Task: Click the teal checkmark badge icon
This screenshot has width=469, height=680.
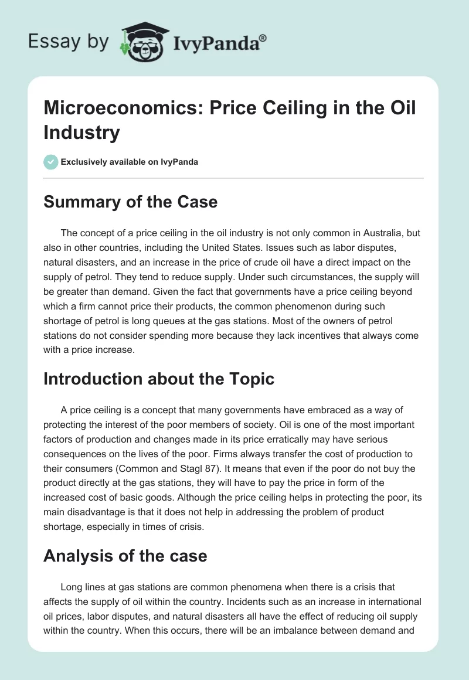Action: [x=50, y=162]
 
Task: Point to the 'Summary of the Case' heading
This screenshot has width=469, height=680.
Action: [x=130, y=202]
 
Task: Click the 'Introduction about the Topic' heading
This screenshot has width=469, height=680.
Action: [x=159, y=379]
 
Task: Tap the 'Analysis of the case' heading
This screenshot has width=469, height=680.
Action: [x=125, y=555]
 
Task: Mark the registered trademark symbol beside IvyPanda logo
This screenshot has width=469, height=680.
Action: [x=263, y=38]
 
